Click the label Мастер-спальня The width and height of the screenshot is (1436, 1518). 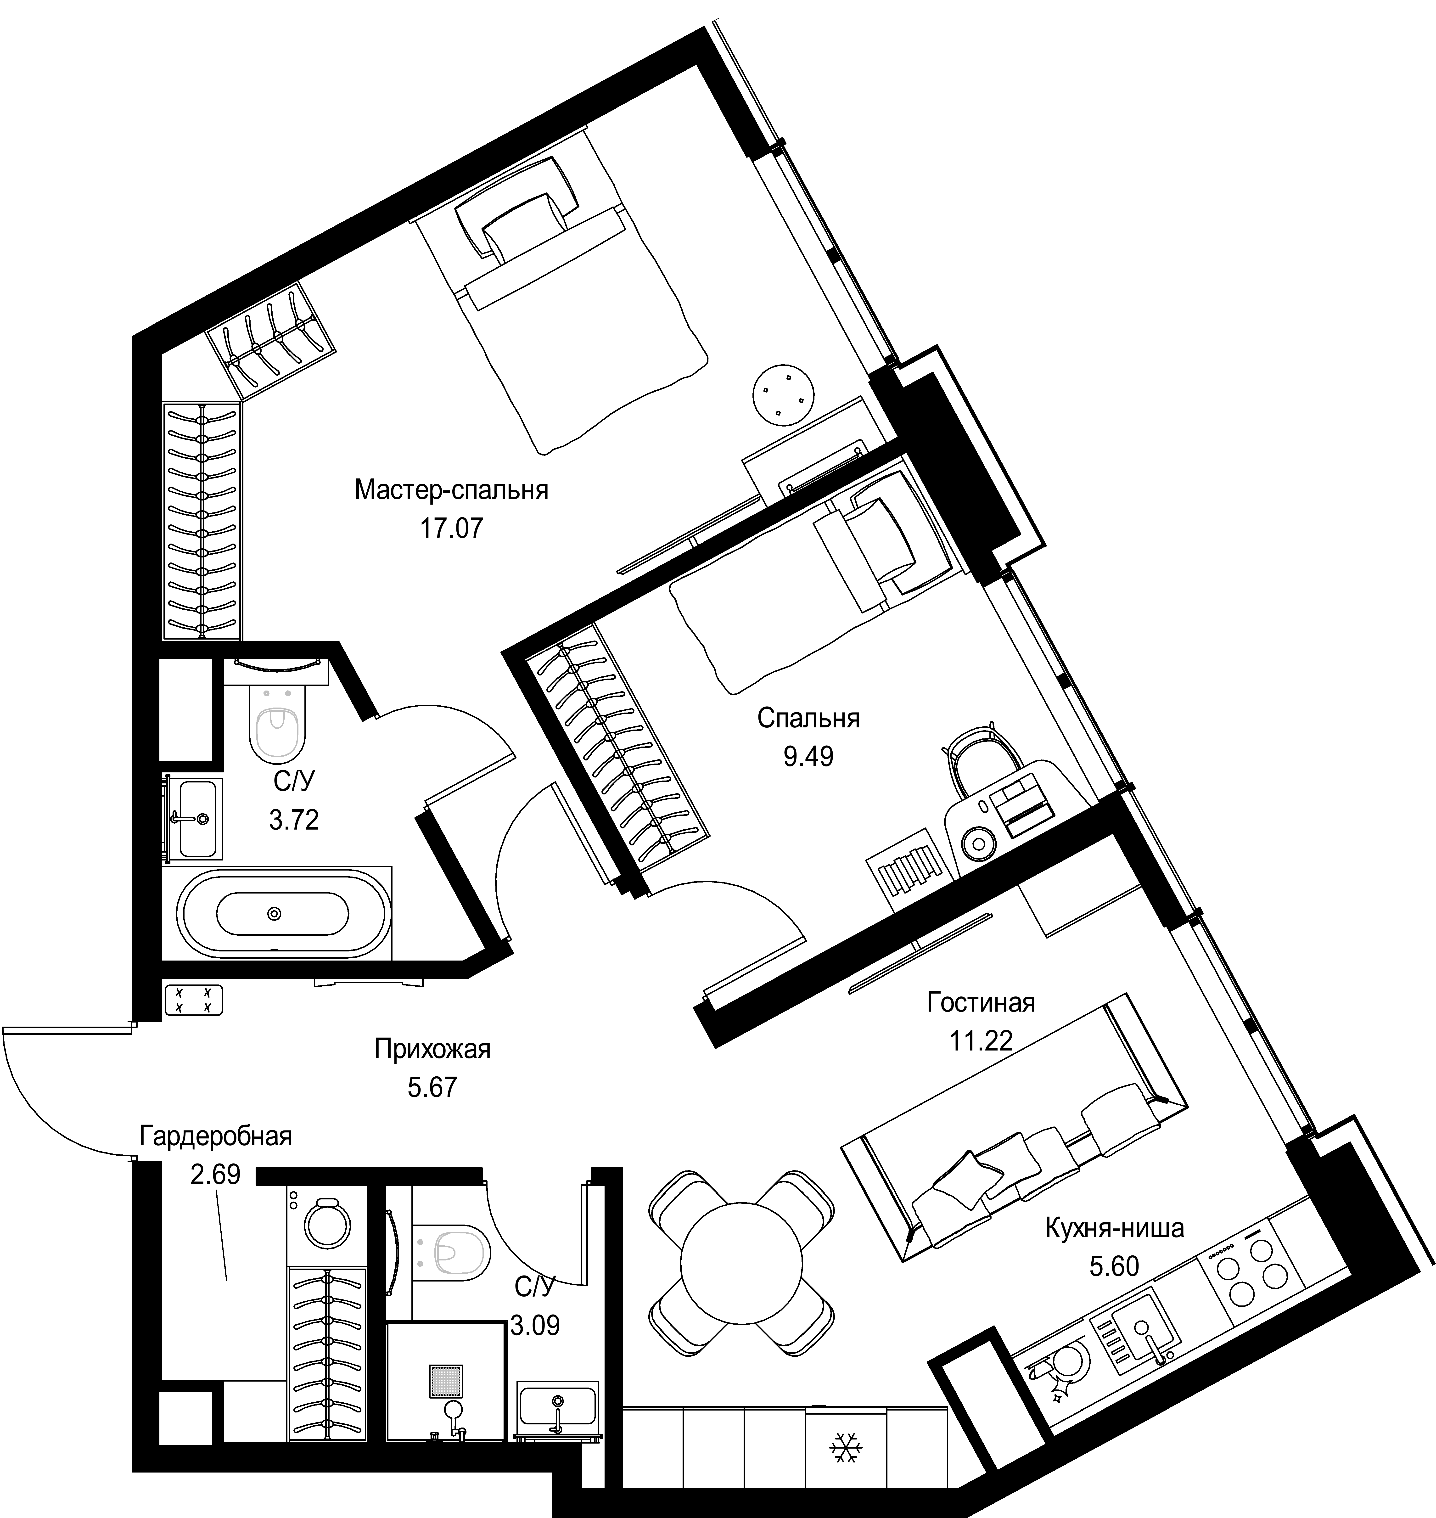(x=452, y=490)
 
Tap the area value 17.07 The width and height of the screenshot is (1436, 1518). (x=452, y=528)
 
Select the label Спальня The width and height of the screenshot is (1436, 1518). (x=808, y=719)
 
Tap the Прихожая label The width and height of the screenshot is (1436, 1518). (x=432, y=1049)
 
